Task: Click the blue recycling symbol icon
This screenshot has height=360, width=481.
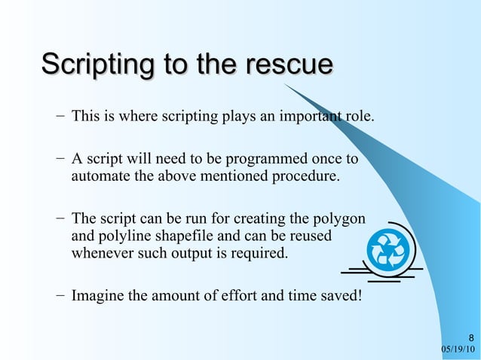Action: tap(388, 249)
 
